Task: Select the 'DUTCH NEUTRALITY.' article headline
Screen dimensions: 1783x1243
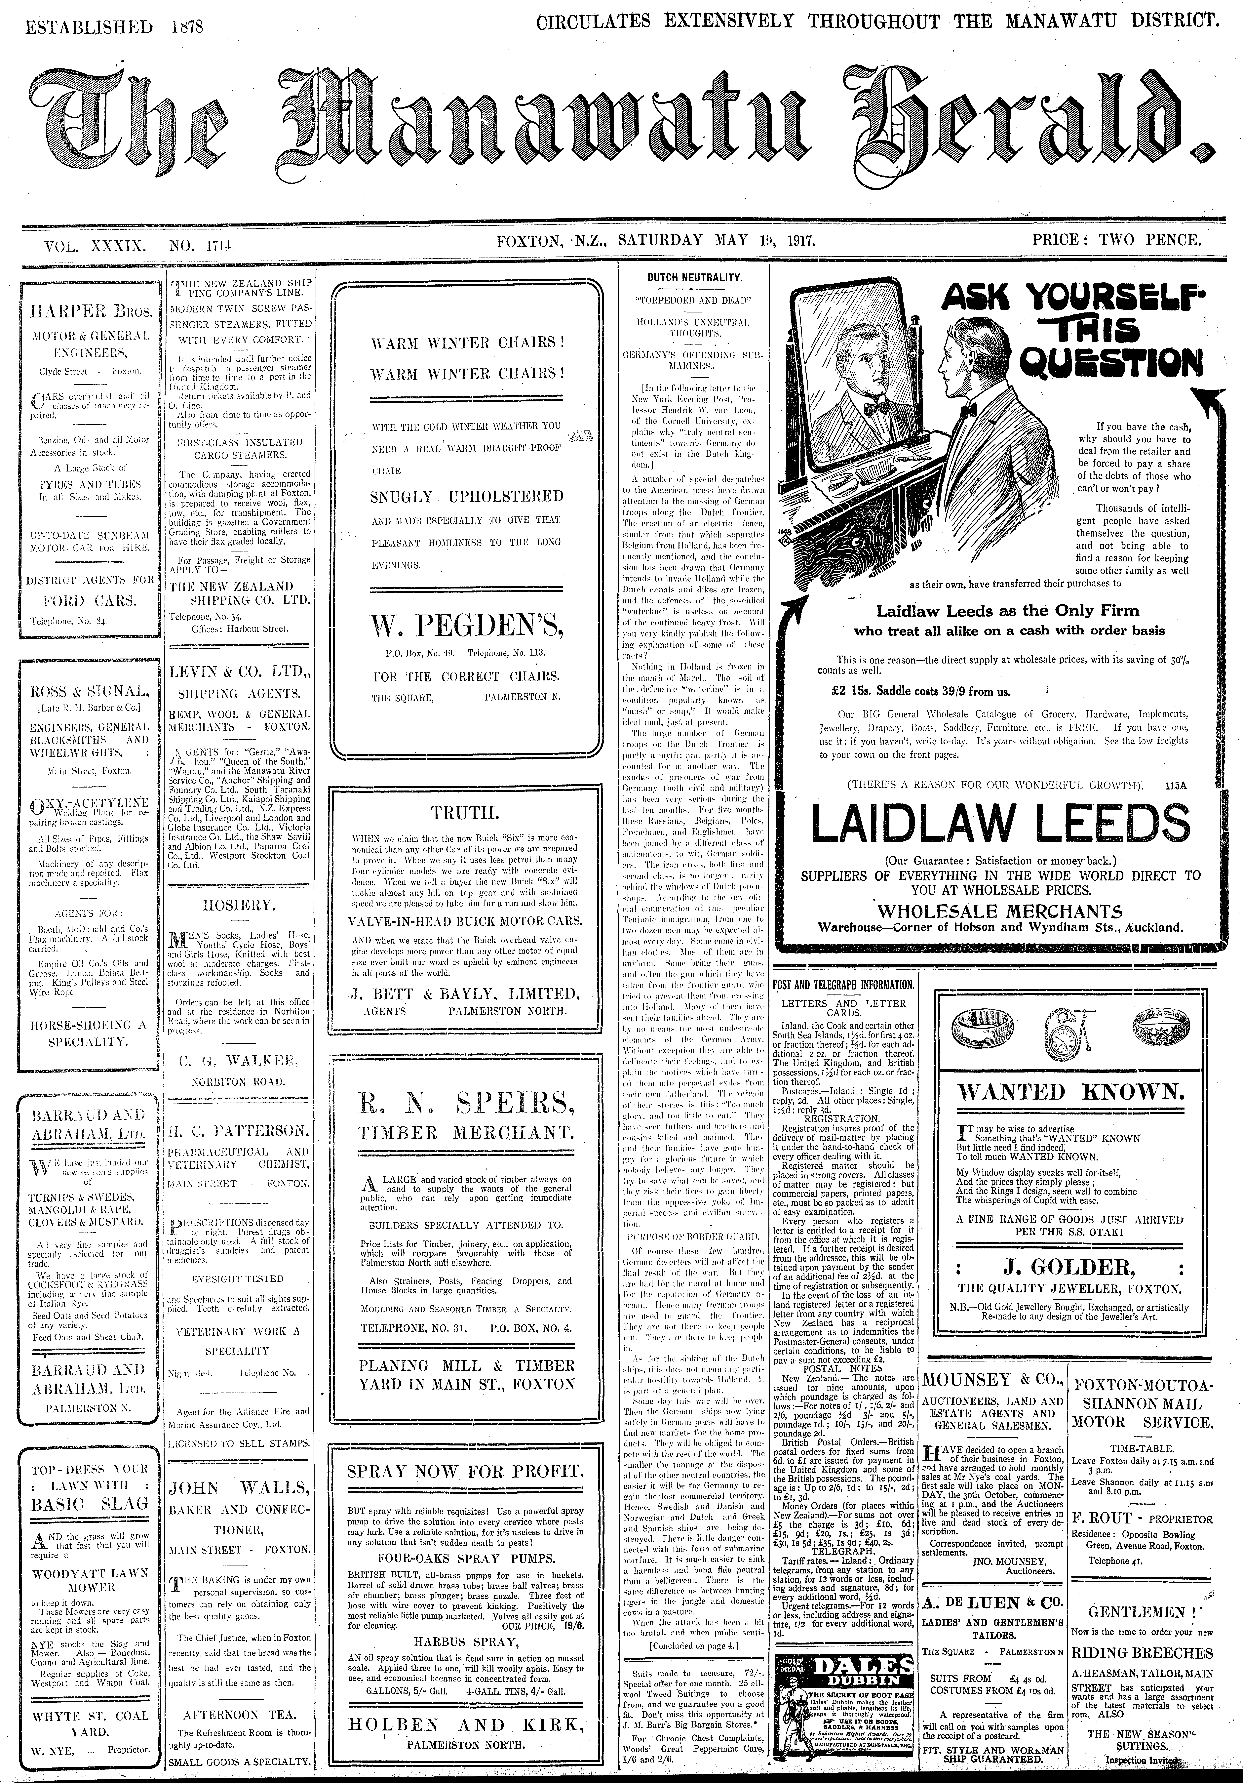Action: [x=695, y=277]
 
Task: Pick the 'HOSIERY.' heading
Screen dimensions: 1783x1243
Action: [x=238, y=906]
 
